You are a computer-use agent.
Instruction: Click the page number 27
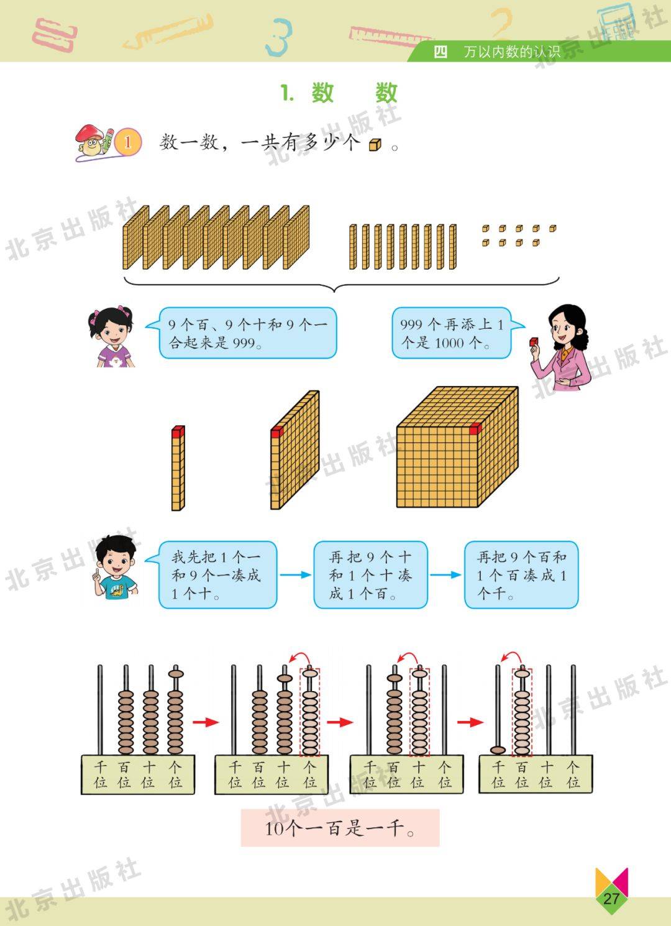[x=611, y=898]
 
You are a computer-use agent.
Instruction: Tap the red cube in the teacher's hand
[x=534, y=342]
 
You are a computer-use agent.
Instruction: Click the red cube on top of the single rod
[x=178, y=431]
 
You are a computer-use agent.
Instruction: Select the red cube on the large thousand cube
[x=475, y=429]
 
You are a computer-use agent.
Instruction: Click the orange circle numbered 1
[x=127, y=142]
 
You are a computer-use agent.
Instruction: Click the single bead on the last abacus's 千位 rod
[x=498, y=750]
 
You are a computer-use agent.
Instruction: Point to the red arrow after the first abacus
[x=206, y=722]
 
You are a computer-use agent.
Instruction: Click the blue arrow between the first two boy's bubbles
[x=295, y=575]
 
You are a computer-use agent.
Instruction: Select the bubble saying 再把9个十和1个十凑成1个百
[x=370, y=575]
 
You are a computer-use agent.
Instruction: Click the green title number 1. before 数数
[x=288, y=93]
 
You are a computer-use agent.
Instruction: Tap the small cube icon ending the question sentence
[x=375, y=145]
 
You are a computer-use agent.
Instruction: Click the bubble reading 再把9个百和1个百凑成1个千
[x=521, y=575]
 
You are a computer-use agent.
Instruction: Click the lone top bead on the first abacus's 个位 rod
[x=176, y=674]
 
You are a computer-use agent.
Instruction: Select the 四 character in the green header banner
[x=440, y=52]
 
